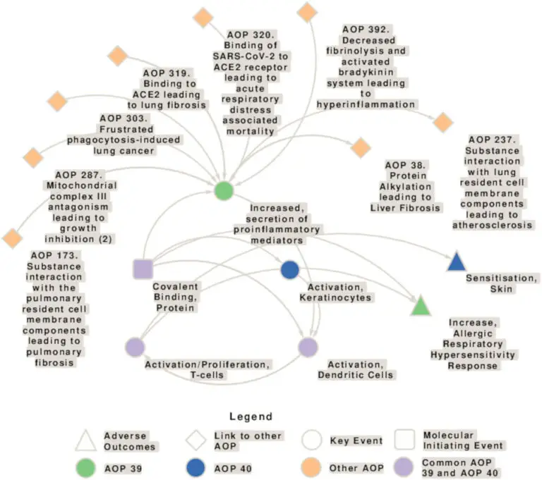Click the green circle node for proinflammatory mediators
coord(224,190)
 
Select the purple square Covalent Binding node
coord(143,269)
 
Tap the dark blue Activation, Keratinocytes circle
coord(290,269)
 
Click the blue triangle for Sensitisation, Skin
coord(457,262)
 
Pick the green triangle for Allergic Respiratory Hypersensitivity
coord(421,306)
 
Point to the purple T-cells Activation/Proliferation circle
coord(135,347)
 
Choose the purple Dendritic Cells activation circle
coord(308,347)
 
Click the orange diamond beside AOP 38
coord(361,148)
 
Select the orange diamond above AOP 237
coord(442,122)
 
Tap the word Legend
coord(251,417)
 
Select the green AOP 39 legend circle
coord(85,467)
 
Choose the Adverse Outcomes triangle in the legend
coord(85,441)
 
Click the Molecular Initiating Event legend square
coord(404,441)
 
